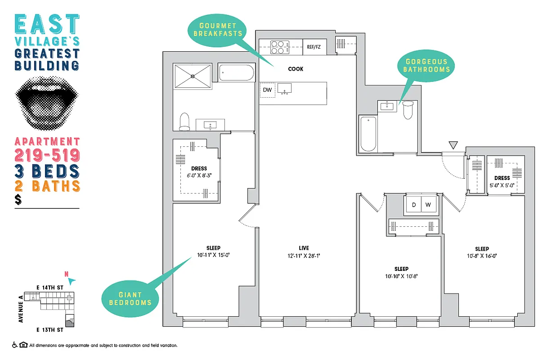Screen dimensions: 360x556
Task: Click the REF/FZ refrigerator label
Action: coord(314,47)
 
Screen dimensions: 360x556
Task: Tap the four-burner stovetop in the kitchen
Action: coord(279,47)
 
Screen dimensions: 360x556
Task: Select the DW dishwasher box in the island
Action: coord(267,90)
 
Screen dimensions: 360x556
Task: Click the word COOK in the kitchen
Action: coord(296,69)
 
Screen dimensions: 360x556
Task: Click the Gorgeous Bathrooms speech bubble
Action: coord(426,66)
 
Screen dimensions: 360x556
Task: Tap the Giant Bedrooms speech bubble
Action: coord(130,298)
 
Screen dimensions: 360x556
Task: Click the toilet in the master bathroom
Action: coord(184,121)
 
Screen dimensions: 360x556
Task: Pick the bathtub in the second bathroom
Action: coord(368,134)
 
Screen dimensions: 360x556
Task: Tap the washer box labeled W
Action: coord(428,205)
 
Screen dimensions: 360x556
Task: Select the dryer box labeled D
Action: coord(413,205)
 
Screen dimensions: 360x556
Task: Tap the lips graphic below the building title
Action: coord(47,103)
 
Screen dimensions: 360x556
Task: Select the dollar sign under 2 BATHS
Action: coord(18,200)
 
